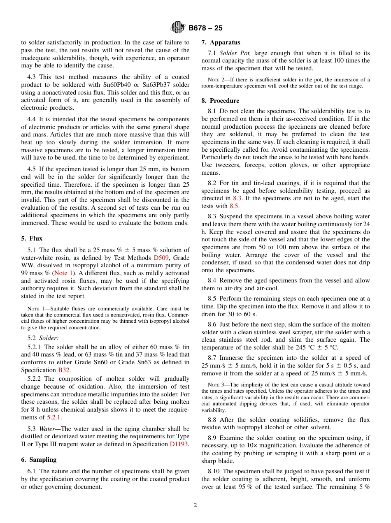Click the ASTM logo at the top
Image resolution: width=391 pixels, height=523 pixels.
pos(178,28)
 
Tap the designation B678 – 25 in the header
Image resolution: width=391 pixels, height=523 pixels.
pos(205,28)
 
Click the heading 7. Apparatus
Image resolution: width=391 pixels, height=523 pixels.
pos(221,42)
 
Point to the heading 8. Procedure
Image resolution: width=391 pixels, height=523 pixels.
pos(220,101)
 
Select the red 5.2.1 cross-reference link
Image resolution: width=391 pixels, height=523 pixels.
pos(54,417)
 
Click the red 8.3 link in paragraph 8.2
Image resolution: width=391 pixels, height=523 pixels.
pos(237,198)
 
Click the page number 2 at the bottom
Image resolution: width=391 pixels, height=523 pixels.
pos(195,505)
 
